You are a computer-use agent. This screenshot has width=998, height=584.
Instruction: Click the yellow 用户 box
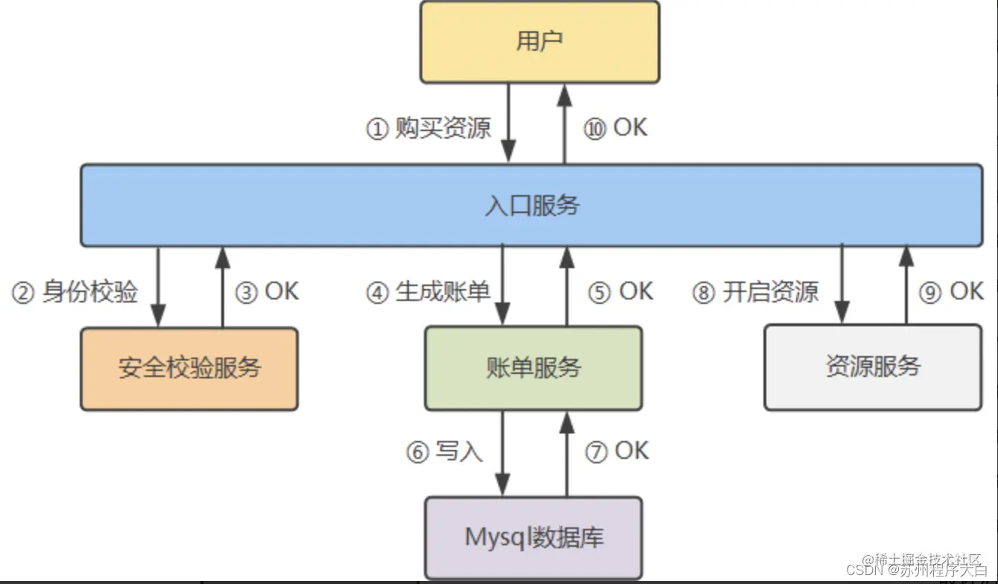tap(539, 42)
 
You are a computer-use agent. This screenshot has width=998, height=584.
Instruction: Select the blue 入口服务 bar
tap(531, 205)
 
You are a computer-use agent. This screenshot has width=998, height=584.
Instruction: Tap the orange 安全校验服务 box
tap(189, 368)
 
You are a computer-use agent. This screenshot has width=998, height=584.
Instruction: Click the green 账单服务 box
tap(533, 367)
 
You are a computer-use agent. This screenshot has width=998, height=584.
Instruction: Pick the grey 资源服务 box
tap(873, 366)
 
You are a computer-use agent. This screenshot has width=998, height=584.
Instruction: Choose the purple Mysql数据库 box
tap(533, 537)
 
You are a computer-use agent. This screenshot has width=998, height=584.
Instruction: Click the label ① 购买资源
tap(428, 128)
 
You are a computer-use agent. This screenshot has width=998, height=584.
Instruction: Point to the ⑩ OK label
tap(615, 128)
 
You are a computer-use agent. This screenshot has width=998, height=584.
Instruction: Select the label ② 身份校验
tap(74, 292)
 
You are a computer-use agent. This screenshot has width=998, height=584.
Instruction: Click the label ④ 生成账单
tap(428, 292)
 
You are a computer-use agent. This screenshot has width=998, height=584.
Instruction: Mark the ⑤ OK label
tap(620, 292)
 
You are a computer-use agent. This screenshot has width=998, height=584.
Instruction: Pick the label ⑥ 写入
tap(445, 452)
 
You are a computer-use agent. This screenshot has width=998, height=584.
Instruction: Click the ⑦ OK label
tap(617, 452)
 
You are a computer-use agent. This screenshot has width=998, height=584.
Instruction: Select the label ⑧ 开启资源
tap(755, 292)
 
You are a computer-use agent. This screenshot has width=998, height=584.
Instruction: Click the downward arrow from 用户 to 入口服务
tap(509, 123)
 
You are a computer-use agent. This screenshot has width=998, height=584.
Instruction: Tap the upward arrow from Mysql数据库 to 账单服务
tap(567, 454)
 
